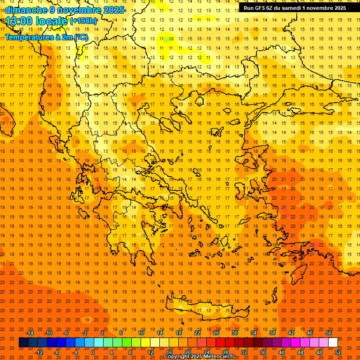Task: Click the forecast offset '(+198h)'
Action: pyautogui.click(x=83, y=21)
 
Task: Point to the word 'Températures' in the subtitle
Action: pyautogui.click(x=30, y=37)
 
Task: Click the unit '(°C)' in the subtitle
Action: pyautogui.click(x=81, y=37)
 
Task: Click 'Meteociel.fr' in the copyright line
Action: pyautogui.click(x=215, y=357)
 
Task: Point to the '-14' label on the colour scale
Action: pyautogui.click(x=30, y=333)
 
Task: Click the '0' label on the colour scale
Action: pyautogui.click(x=93, y=352)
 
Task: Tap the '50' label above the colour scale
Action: pyautogui.click(x=328, y=333)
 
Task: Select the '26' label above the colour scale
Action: pyautogui.click(x=216, y=333)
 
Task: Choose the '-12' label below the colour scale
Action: pyautogui.click(x=39, y=352)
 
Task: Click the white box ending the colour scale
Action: pyautogui.click(x=333, y=343)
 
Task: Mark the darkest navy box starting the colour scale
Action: pyautogui.click(x=23, y=343)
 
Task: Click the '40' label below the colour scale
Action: pyautogui.click(x=282, y=352)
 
